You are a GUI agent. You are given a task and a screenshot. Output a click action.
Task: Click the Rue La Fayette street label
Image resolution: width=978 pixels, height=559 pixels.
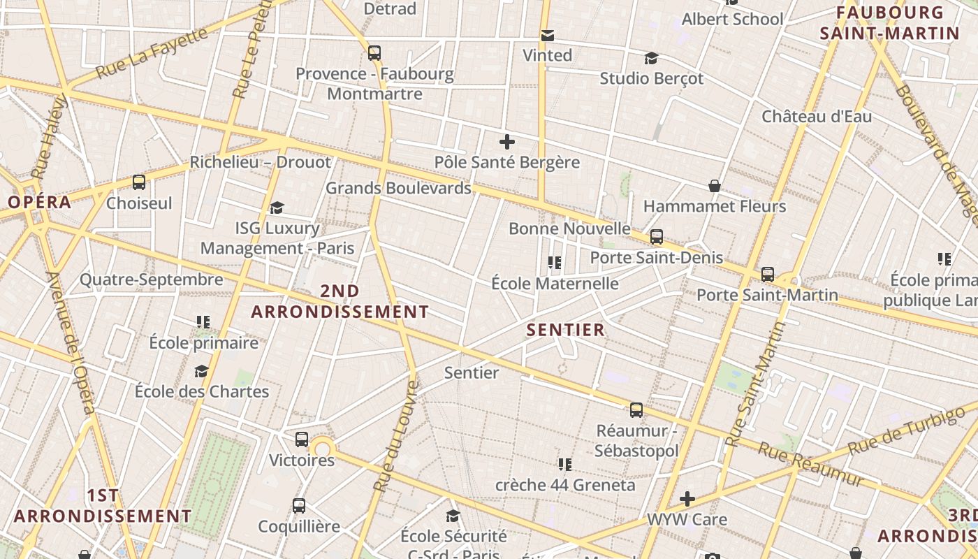pos(152,53)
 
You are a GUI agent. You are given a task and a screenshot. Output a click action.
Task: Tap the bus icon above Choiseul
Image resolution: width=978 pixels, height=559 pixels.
pos(139,182)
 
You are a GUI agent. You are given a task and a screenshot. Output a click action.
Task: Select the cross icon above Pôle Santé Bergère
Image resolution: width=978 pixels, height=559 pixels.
pos(507,142)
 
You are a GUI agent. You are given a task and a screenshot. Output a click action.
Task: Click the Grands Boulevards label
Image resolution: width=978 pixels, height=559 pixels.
pos(398,188)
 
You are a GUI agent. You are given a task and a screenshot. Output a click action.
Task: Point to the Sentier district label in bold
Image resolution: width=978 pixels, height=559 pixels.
pos(565,330)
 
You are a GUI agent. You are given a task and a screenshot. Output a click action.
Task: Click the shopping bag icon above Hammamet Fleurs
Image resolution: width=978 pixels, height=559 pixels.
pos(715,186)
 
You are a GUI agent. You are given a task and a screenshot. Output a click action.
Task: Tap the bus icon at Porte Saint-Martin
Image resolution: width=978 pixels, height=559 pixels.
pos(768,275)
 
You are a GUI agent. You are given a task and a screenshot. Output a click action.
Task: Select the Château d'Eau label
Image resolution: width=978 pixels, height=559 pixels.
pos(817,116)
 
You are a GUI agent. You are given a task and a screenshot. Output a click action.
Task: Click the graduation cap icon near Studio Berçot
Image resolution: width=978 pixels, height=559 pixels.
pos(651,58)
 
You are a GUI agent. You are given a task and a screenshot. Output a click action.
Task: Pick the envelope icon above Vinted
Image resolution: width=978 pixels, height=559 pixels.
pos(548,35)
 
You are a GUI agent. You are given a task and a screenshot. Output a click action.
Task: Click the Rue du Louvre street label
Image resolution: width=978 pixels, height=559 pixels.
pos(395,435)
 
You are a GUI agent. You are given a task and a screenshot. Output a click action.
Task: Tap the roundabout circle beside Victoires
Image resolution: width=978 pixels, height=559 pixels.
pos(322,449)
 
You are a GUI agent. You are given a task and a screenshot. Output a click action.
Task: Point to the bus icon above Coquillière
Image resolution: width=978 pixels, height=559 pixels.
pos(299,505)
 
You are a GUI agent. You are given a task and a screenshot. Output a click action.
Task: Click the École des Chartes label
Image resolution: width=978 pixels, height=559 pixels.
pos(202,391)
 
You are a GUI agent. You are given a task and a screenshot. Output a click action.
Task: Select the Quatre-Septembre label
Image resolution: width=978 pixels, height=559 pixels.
pos(151,279)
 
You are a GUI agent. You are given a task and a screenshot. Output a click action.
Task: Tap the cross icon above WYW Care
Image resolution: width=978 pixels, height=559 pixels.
pos(687,499)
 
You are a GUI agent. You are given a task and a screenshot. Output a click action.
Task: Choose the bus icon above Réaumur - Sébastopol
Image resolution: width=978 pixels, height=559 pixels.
pos(636,410)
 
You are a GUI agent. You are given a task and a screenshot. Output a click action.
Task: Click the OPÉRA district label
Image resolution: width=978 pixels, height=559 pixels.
pos(40,203)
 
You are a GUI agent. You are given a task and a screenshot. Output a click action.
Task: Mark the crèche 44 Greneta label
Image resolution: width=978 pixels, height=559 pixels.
pos(565,484)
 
